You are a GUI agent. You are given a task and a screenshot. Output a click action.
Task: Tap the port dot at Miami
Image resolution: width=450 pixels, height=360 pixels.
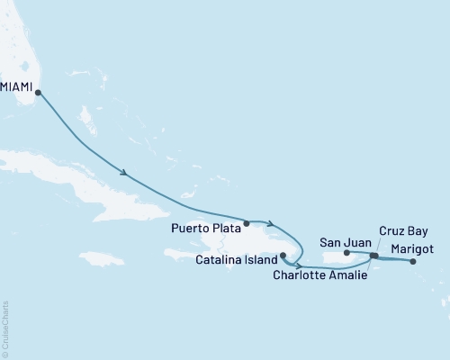pyautogui.click(x=37, y=91)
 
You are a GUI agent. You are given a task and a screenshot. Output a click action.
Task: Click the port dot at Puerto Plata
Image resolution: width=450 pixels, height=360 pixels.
pyautogui.click(x=247, y=222)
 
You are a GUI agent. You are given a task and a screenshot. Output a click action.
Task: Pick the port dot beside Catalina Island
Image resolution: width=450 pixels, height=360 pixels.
pyautogui.click(x=283, y=256)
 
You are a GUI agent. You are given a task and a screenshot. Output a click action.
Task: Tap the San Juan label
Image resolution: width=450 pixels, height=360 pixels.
pyautogui.click(x=341, y=241)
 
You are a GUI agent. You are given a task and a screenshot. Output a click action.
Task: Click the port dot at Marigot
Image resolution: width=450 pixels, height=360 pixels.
pyautogui.click(x=413, y=262)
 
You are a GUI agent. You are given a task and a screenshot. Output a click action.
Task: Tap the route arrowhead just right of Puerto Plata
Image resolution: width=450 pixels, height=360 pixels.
pyautogui.click(x=270, y=222)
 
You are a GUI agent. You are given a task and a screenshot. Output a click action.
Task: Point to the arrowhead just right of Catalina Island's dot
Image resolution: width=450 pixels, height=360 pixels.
pyautogui.click(x=297, y=266)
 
